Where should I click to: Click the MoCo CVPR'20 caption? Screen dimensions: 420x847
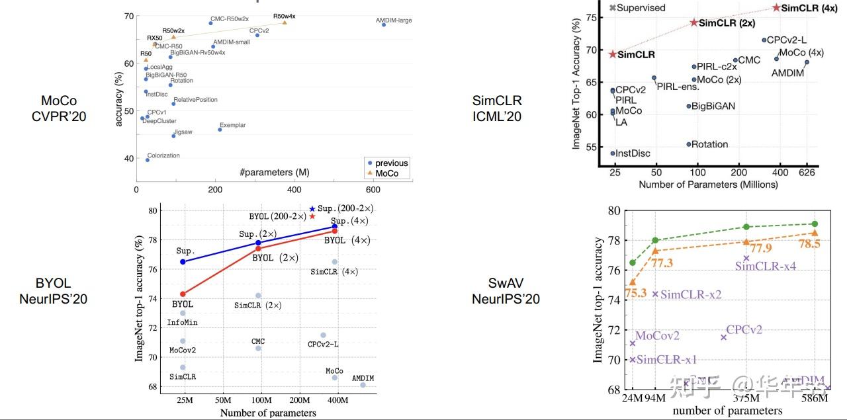click(x=59, y=108)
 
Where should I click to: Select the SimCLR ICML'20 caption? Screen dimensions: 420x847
click(x=497, y=108)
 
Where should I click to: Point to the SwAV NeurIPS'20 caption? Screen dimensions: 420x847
click(x=506, y=291)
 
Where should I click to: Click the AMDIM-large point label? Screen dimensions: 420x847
click(x=394, y=21)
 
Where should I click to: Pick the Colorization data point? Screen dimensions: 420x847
click(x=148, y=159)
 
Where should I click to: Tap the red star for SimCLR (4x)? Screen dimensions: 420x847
click(x=776, y=8)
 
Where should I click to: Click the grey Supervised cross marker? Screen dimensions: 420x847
click(x=613, y=8)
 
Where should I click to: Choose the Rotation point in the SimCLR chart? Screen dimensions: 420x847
click(x=688, y=144)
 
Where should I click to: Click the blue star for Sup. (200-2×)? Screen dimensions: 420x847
click(x=312, y=209)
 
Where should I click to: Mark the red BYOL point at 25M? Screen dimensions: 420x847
click(x=183, y=294)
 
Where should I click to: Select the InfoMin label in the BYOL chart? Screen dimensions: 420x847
click(x=182, y=322)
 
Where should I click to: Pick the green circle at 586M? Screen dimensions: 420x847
click(x=815, y=224)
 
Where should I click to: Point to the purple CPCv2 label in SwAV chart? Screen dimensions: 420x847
click(x=744, y=329)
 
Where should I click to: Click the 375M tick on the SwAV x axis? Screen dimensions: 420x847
click(x=746, y=399)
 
